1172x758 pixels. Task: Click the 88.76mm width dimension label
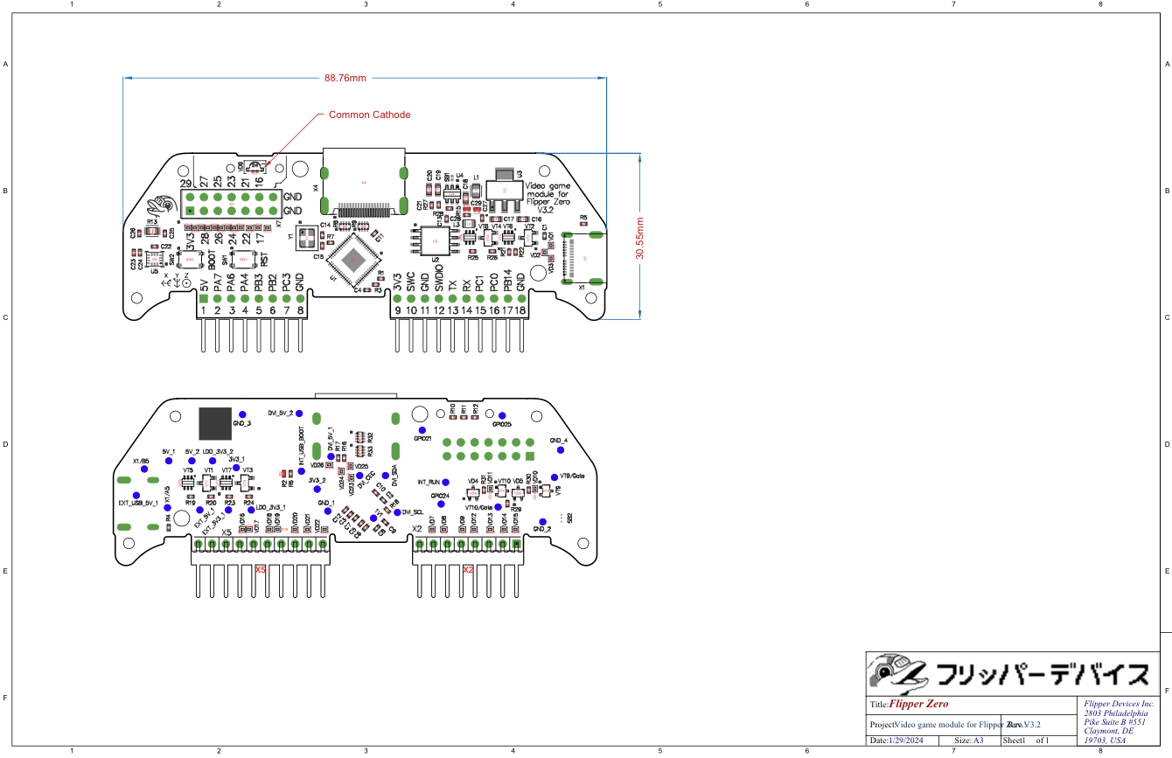tap(344, 78)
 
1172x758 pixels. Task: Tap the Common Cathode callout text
tap(369, 115)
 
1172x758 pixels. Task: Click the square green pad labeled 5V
tap(203, 298)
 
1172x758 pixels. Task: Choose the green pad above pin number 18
tap(520, 298)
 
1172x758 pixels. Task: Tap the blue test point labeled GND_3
tap(243, 414)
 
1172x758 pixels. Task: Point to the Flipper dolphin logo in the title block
tap(896, 672)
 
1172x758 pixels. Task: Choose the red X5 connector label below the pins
tap(260, 569)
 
